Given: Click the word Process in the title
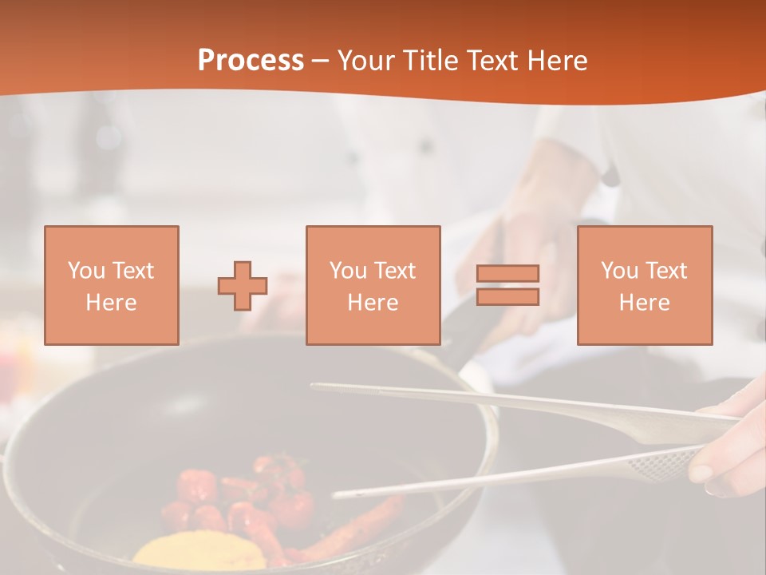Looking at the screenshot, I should coord(251,61).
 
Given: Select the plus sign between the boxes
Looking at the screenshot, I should coord(243,286).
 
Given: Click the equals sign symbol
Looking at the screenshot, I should coord(507,285).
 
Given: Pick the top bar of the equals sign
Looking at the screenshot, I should coord(507,273).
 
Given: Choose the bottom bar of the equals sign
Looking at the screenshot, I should coord(507,297).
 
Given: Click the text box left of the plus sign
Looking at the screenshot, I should coord(112,285).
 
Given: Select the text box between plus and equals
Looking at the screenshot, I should coord(373,285).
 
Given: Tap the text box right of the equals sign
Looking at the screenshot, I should coord(644,285).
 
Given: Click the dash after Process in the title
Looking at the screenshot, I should coord(321,61).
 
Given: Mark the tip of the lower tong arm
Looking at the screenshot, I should coord(338,494).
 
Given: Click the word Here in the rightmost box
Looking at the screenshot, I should coord(644,303).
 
